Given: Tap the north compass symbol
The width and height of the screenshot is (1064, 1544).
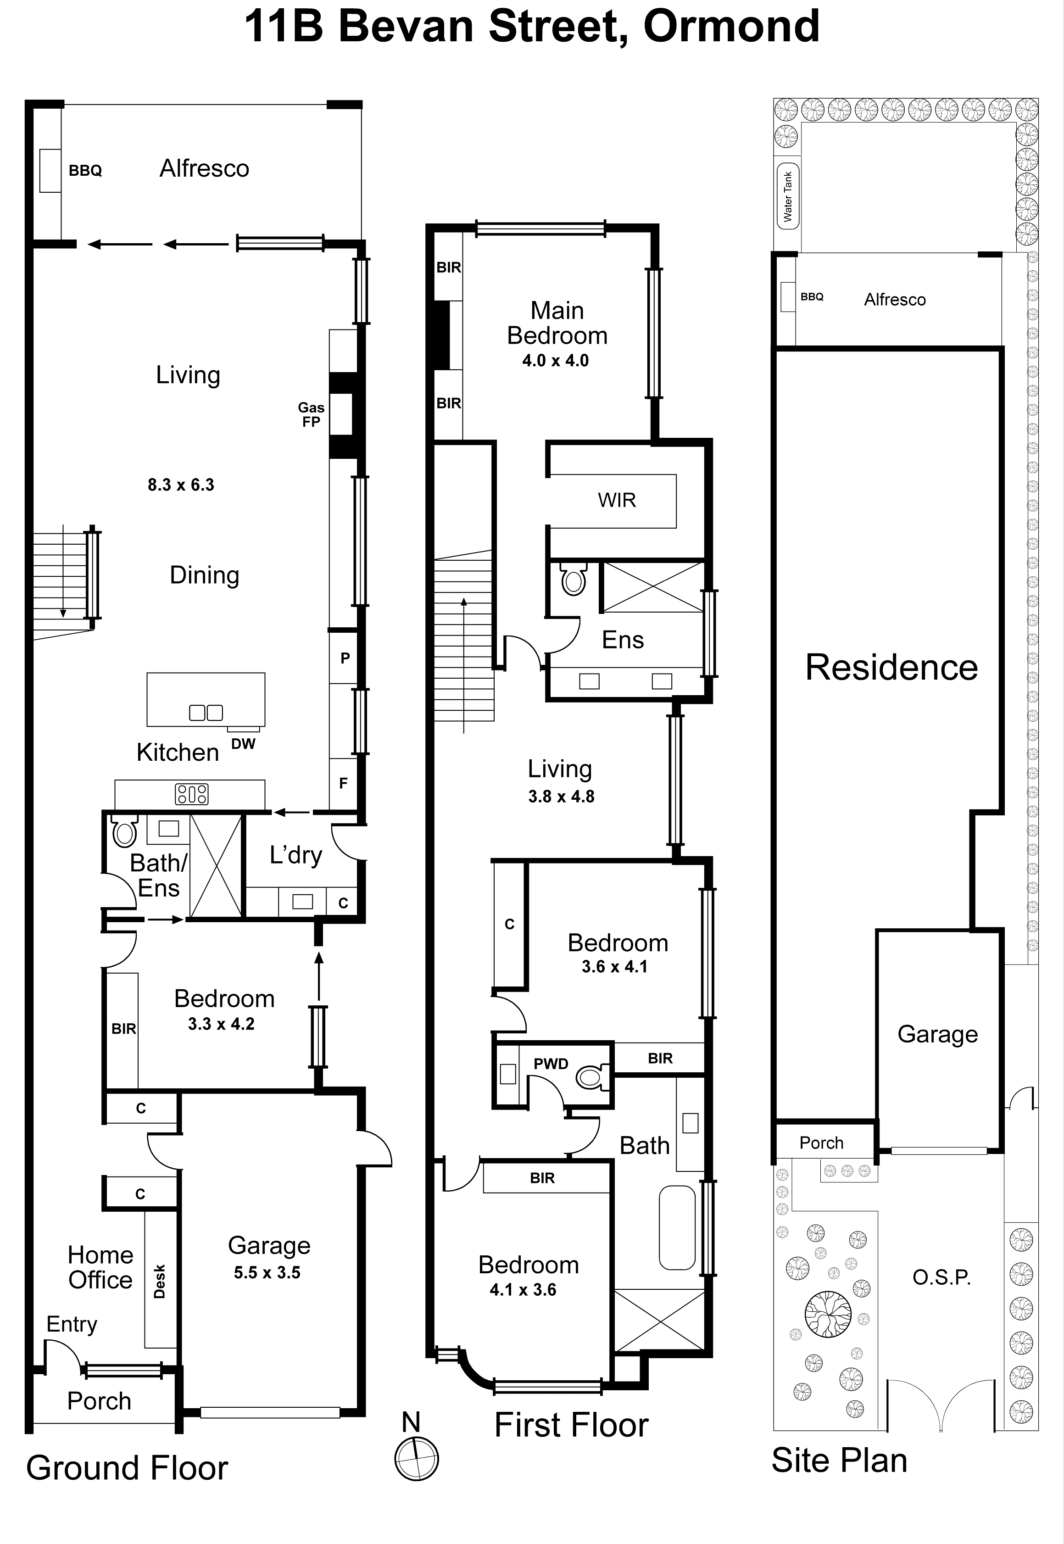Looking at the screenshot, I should [x=417, y=1458].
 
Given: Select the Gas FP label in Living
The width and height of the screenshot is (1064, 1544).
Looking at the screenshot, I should [x=311, y=414].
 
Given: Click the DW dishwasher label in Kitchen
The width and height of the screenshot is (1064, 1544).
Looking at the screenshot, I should [x=243, y=744].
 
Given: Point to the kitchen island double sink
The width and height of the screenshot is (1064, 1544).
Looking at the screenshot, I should [x=206, y=713].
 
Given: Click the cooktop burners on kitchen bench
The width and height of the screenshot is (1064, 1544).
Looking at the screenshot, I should [x=191, y=793].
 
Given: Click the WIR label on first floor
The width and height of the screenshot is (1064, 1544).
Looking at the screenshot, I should [x=616, y=500].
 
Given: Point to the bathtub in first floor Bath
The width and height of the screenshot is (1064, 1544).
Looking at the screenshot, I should [x=677, y=1227].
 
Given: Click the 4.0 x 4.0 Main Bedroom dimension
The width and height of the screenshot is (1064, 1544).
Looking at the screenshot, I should [x=555, y=361].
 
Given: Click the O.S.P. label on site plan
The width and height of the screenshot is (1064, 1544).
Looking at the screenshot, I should [x=941, y=1277].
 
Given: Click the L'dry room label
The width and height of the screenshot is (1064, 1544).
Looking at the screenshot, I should [x=295, y=855].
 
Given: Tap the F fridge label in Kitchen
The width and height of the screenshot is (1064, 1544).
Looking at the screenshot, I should [x=343, y=783].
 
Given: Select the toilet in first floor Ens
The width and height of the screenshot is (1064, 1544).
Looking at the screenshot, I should [x=574, y=578].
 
